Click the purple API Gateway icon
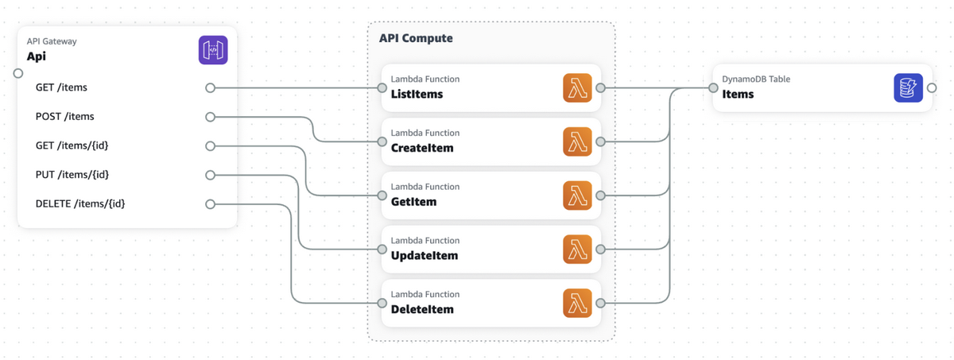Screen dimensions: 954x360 point(213,50)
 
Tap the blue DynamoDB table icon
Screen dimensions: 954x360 point(908,88)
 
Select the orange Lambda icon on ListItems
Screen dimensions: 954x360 point(577,88)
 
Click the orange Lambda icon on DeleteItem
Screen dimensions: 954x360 point(577,303)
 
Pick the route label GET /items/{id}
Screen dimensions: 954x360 point(72,145)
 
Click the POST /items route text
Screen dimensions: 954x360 point(64,116)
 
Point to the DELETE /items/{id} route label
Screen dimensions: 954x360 point(80,203)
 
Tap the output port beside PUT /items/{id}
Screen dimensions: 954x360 point(210,175)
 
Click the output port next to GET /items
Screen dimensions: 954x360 point(210,87)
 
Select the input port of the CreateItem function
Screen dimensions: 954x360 point(382,141)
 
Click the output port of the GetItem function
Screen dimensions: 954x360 point(600,195)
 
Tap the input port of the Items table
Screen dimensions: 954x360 point(713,88)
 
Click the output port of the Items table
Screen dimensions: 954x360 point(932,88)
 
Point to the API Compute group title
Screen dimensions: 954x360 point(416,38)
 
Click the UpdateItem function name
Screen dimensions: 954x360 point(425,255)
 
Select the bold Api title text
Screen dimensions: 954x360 point(37,56)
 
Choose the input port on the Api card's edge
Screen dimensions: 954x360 point(17,73)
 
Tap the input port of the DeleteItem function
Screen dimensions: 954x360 point(382,303)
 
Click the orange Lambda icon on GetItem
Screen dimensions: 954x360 point(577,195)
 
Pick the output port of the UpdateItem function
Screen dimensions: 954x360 point(600,250)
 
